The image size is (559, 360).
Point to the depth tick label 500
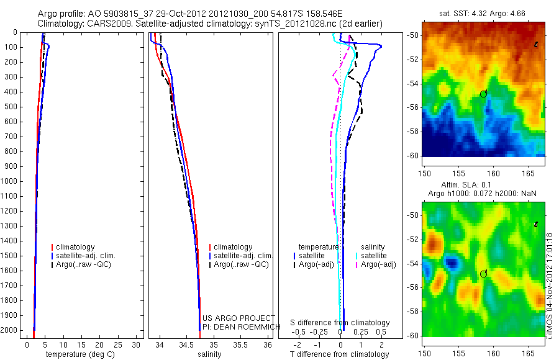[x=12, y=107]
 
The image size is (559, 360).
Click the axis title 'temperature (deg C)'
[x=78, y=354]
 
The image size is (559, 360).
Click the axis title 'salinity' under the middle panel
[x=208, y=354]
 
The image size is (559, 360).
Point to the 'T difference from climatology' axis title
[x=339, y=354]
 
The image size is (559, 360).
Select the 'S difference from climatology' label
[x=340, y=323]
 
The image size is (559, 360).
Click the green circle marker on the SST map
[x=483, y=94]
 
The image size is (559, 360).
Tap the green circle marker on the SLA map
[x=483, y=274]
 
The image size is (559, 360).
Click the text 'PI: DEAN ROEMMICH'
[x=238, y=326]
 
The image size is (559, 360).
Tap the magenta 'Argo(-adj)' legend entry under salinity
[x=378, y=264]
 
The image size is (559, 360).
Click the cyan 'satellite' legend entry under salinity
[x=374, y=256]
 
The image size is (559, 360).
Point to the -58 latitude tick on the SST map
[x=416, y=132]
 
